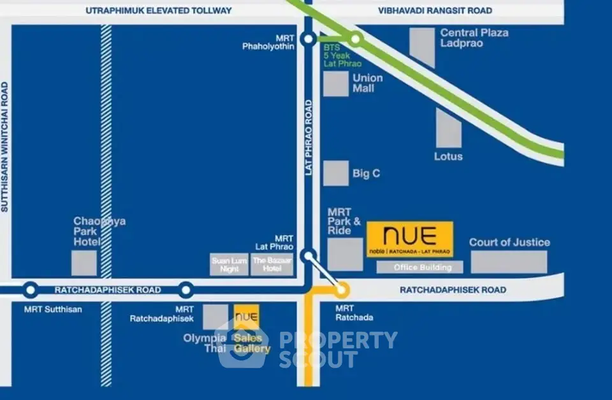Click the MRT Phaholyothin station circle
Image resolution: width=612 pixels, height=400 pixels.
point(308,39)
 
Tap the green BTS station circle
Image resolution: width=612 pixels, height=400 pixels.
point(356,39)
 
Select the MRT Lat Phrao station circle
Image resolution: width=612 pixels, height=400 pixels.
point(309,256)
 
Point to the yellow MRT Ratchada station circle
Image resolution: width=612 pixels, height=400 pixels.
point(342,290)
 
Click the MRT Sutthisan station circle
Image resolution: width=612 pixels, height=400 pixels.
point(30,290)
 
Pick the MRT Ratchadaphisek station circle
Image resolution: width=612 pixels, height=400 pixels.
point(186,290)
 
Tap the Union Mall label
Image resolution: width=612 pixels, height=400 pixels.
point(368,83)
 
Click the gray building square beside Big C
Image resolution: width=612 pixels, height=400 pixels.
point(335,173)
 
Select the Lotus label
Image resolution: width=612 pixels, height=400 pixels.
point(448,156)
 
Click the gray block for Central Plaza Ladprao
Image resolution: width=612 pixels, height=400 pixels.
point(422,48)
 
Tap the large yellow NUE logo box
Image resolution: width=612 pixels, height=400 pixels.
point(410,239)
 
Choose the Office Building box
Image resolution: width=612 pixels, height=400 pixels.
point(419,268)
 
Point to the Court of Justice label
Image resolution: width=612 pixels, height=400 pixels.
point(509,242)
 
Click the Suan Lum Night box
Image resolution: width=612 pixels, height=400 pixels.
point(229,265)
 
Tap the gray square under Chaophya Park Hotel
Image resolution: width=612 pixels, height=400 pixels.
point(84,263)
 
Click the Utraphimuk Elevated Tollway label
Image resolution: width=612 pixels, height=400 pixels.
point(159,10)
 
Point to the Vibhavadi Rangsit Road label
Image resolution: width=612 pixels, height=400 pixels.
point(435,10)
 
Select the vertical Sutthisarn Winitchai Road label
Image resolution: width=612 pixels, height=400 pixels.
point(5,146)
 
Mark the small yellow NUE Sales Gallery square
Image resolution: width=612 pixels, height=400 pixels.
point(247,317)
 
